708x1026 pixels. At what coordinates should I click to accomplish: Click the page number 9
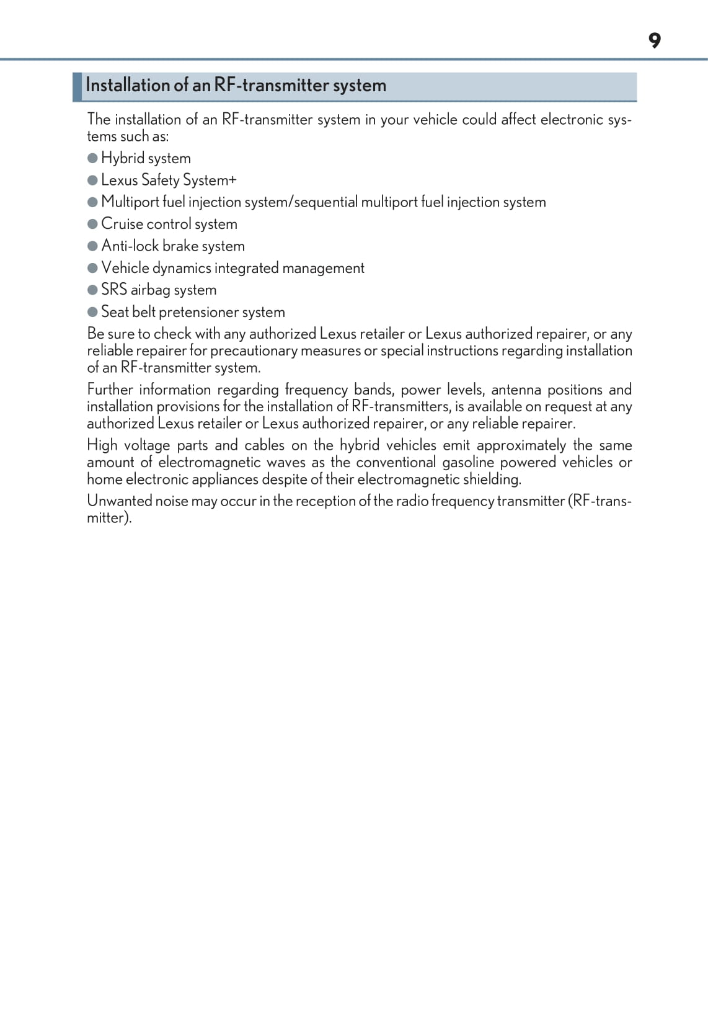pos(655,41)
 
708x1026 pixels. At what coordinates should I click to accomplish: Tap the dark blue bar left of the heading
pos(77,87)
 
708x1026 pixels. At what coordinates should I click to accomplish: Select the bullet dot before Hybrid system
pos(93,158)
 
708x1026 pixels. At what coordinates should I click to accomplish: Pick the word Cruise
pos(122,224)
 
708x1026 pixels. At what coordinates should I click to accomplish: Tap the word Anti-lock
pos(130,246)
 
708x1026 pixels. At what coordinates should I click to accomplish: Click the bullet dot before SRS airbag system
pos(93,290)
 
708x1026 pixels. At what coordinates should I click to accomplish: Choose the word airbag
pos(151,290)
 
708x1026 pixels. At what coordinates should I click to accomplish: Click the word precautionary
pos(254,350)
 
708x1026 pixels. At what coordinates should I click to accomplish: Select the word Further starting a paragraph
pos(110,390)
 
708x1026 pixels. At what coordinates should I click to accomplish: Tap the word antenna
pos(515,390)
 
